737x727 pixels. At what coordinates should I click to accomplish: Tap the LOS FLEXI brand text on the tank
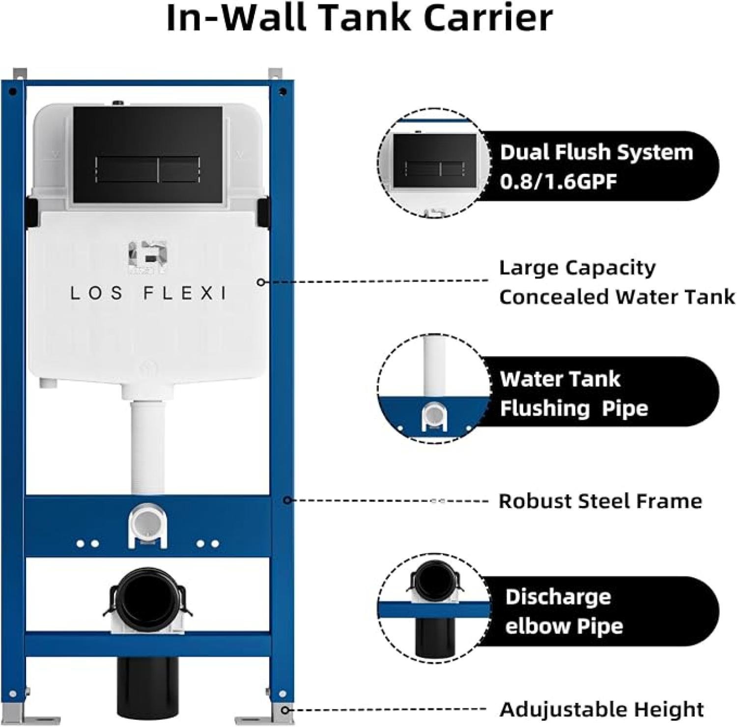pos(148,293)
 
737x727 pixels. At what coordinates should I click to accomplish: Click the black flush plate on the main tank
pos(148,154)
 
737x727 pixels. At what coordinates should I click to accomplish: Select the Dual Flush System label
pos(596,152)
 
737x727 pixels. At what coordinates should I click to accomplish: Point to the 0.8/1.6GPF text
pos(558,182)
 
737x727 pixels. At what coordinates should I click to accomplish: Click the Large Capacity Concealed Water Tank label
pos(617,282)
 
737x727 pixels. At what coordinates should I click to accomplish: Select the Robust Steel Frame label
pos(600,501)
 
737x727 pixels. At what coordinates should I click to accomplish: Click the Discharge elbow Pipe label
pos(564,612)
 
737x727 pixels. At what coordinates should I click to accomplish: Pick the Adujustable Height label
pos(601,709)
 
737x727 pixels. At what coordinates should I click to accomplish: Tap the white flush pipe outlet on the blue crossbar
pos(147,526)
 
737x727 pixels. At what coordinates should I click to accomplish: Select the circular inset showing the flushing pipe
pos(434,388)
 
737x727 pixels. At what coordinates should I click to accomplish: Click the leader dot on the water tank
pos(261,282)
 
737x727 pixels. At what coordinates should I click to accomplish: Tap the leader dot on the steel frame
pos(288,500)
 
